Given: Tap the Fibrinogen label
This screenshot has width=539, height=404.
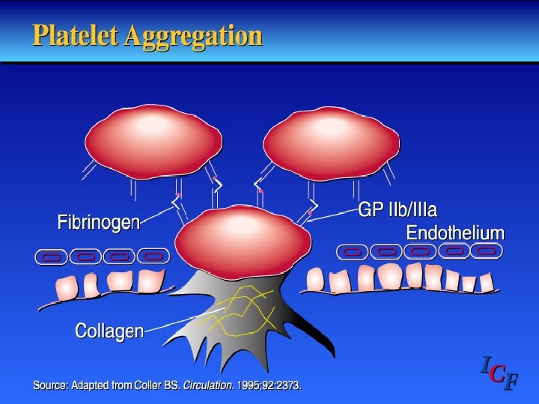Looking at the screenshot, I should [x=99, y=222].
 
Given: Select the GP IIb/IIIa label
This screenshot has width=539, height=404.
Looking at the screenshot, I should [x=398, y=210].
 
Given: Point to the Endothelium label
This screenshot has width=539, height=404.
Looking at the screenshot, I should [x=455, y=233].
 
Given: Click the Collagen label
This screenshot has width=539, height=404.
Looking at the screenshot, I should [x=110, y=330].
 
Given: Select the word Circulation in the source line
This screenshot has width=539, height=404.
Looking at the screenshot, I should [x=210, y=386].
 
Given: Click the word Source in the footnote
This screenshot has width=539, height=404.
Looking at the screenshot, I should [x=49, y=386].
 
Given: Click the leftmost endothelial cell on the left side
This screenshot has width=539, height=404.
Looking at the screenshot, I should [x=52, y=257].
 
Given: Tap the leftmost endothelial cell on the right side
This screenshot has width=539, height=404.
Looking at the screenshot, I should [x=353, y=252].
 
